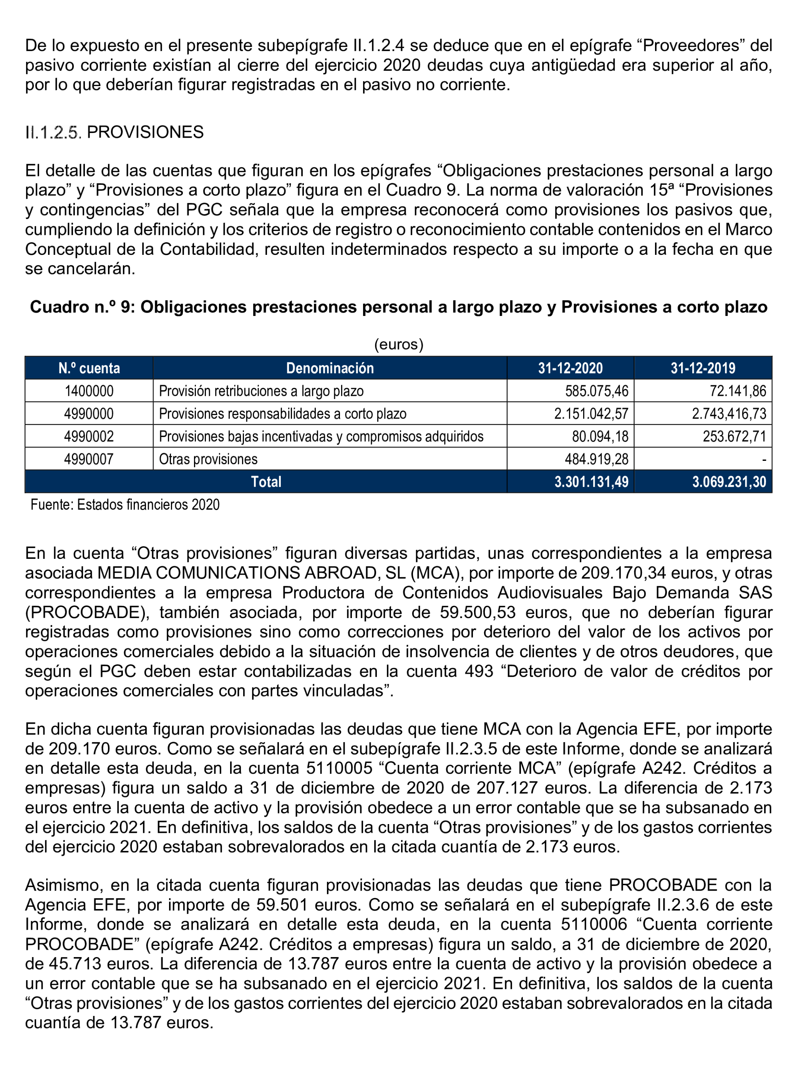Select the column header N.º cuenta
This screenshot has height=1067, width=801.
tap(89, 368)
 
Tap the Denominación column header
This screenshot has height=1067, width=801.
tap(330, 368)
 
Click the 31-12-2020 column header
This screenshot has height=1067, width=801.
tap(570, 368)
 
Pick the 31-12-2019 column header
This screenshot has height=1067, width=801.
tap(703, 368)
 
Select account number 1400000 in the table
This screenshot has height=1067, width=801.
tap(89, 391)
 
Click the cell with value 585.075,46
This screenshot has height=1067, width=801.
tap(597, 391)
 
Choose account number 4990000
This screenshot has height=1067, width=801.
tap(89, 414)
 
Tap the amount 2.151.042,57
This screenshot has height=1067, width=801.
tap(591, 414)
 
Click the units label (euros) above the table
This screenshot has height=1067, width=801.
tap(399, 344)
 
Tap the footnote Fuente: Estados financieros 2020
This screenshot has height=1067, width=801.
tap(125, 505)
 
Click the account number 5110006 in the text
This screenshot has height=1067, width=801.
tap(594, 924)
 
